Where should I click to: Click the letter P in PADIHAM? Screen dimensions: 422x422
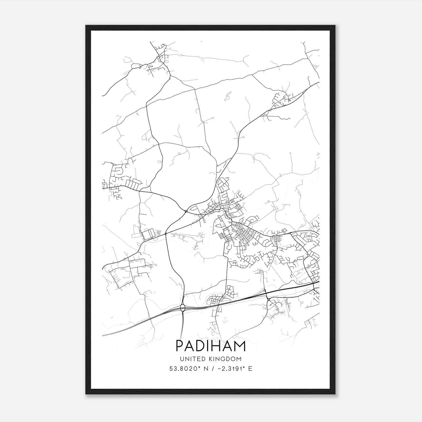click(x=180, y=346)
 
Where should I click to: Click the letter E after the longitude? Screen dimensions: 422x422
click(x=250, y=369)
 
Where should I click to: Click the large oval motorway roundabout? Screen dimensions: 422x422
click(x=183, y=308)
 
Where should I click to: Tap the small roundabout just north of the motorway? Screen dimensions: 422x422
click(x=265, y=290)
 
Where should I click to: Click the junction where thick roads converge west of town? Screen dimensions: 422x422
click(x=186, y=211)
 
